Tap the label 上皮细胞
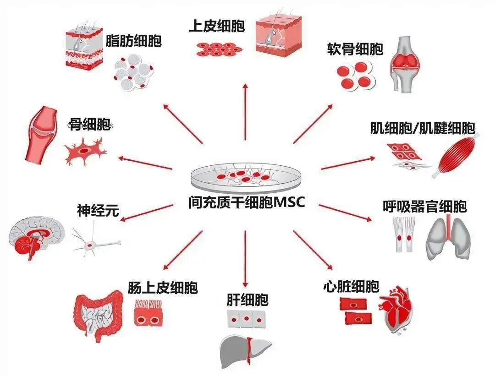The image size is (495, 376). pos(217,26)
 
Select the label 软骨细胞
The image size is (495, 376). pos(355,49)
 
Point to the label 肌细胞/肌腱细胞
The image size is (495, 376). pos(422,128)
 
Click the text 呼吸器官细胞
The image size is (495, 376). pos(424,207)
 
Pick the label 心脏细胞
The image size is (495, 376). pos(351,287)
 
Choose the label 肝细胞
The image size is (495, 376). pos(247,300)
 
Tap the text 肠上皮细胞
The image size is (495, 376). pos(163,288)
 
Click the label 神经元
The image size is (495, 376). pos(98,211)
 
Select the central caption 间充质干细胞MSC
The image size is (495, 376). pos(246,202)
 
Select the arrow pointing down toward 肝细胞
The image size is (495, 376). pos(246,259)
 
